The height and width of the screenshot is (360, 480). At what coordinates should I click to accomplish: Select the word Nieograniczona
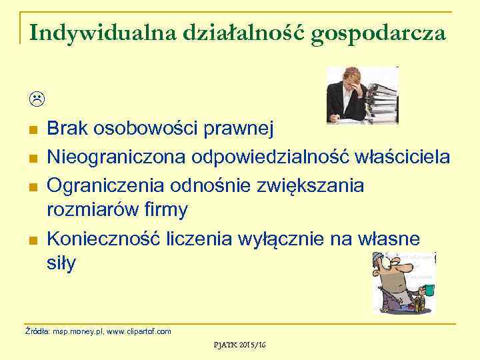[x=118, y=157]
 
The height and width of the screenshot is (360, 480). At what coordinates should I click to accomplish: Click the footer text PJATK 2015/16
[x=239, y=345]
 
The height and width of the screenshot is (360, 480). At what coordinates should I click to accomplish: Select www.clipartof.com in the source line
[x=140, y=331]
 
